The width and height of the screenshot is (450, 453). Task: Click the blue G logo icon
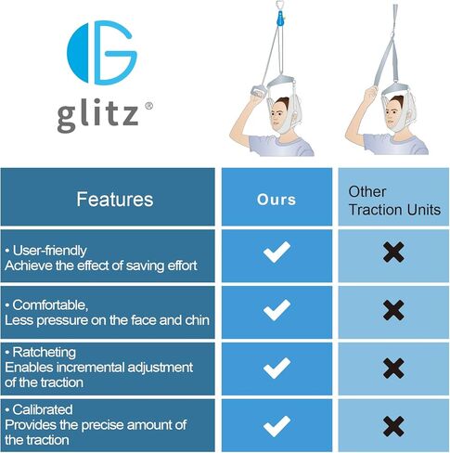(x=102, y=53)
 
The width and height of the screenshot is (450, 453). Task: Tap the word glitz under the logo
(x=97, y=115)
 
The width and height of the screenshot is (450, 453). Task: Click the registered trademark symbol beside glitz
(x=148, y=106)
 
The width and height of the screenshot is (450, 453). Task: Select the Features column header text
(x=115, y=199)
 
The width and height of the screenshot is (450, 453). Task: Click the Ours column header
(x=276, y=200)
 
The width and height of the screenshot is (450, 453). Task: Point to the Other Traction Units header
(x=394, y=201)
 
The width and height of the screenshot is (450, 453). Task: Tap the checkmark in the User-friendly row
(x=276, y=252)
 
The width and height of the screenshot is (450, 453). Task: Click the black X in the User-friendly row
(x=393, y=252)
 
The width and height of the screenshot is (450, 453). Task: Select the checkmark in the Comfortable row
(x=276, y=310)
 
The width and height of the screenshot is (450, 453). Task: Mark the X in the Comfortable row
(x=393, y=310)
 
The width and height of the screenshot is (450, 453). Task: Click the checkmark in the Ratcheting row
(x=276, y=369)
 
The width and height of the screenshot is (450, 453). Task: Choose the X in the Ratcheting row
(x=393, y=369)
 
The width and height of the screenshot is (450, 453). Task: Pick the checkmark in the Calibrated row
(x=276, y=426)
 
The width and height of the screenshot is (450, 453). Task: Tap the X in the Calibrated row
(x=393, y=426)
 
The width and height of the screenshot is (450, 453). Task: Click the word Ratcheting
(x=45, y=353)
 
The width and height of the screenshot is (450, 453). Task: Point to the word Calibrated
(x=43, y=409)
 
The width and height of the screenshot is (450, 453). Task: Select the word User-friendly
(x=50, y=251)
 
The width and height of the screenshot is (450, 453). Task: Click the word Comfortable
(x=50, y=305)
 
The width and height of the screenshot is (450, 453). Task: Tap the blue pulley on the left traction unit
(x=280, y=19)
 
